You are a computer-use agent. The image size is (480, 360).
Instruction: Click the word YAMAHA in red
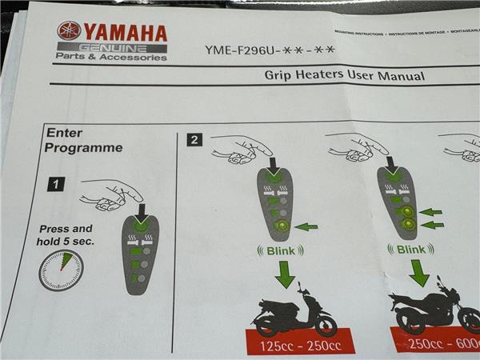coord(125,33)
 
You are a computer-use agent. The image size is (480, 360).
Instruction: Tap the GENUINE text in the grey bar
coord(112,48)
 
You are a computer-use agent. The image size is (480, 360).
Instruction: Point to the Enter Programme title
coord(83,140)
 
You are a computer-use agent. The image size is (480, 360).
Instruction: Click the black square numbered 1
coord(55,185)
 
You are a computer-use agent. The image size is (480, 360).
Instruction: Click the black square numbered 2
coord(194,140)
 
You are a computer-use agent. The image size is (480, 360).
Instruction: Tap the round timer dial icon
coord(61,270)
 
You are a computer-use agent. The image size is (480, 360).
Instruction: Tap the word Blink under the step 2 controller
coord(282,250)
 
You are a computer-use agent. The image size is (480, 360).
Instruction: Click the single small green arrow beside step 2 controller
coord(306,227)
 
